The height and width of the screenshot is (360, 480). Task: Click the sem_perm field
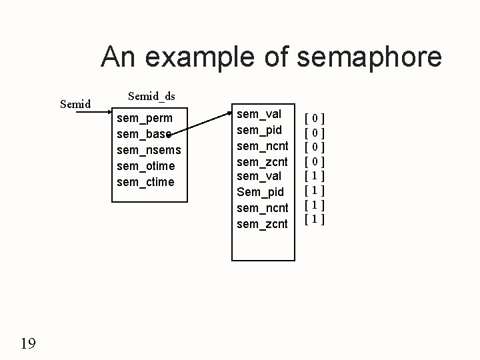click(144, 119)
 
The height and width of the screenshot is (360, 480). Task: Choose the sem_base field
click(143, 135)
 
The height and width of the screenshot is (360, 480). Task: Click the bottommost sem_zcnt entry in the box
click(263, 224)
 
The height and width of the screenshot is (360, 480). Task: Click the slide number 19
click(28, 343)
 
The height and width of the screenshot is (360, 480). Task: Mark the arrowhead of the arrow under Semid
click(105, 113)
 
